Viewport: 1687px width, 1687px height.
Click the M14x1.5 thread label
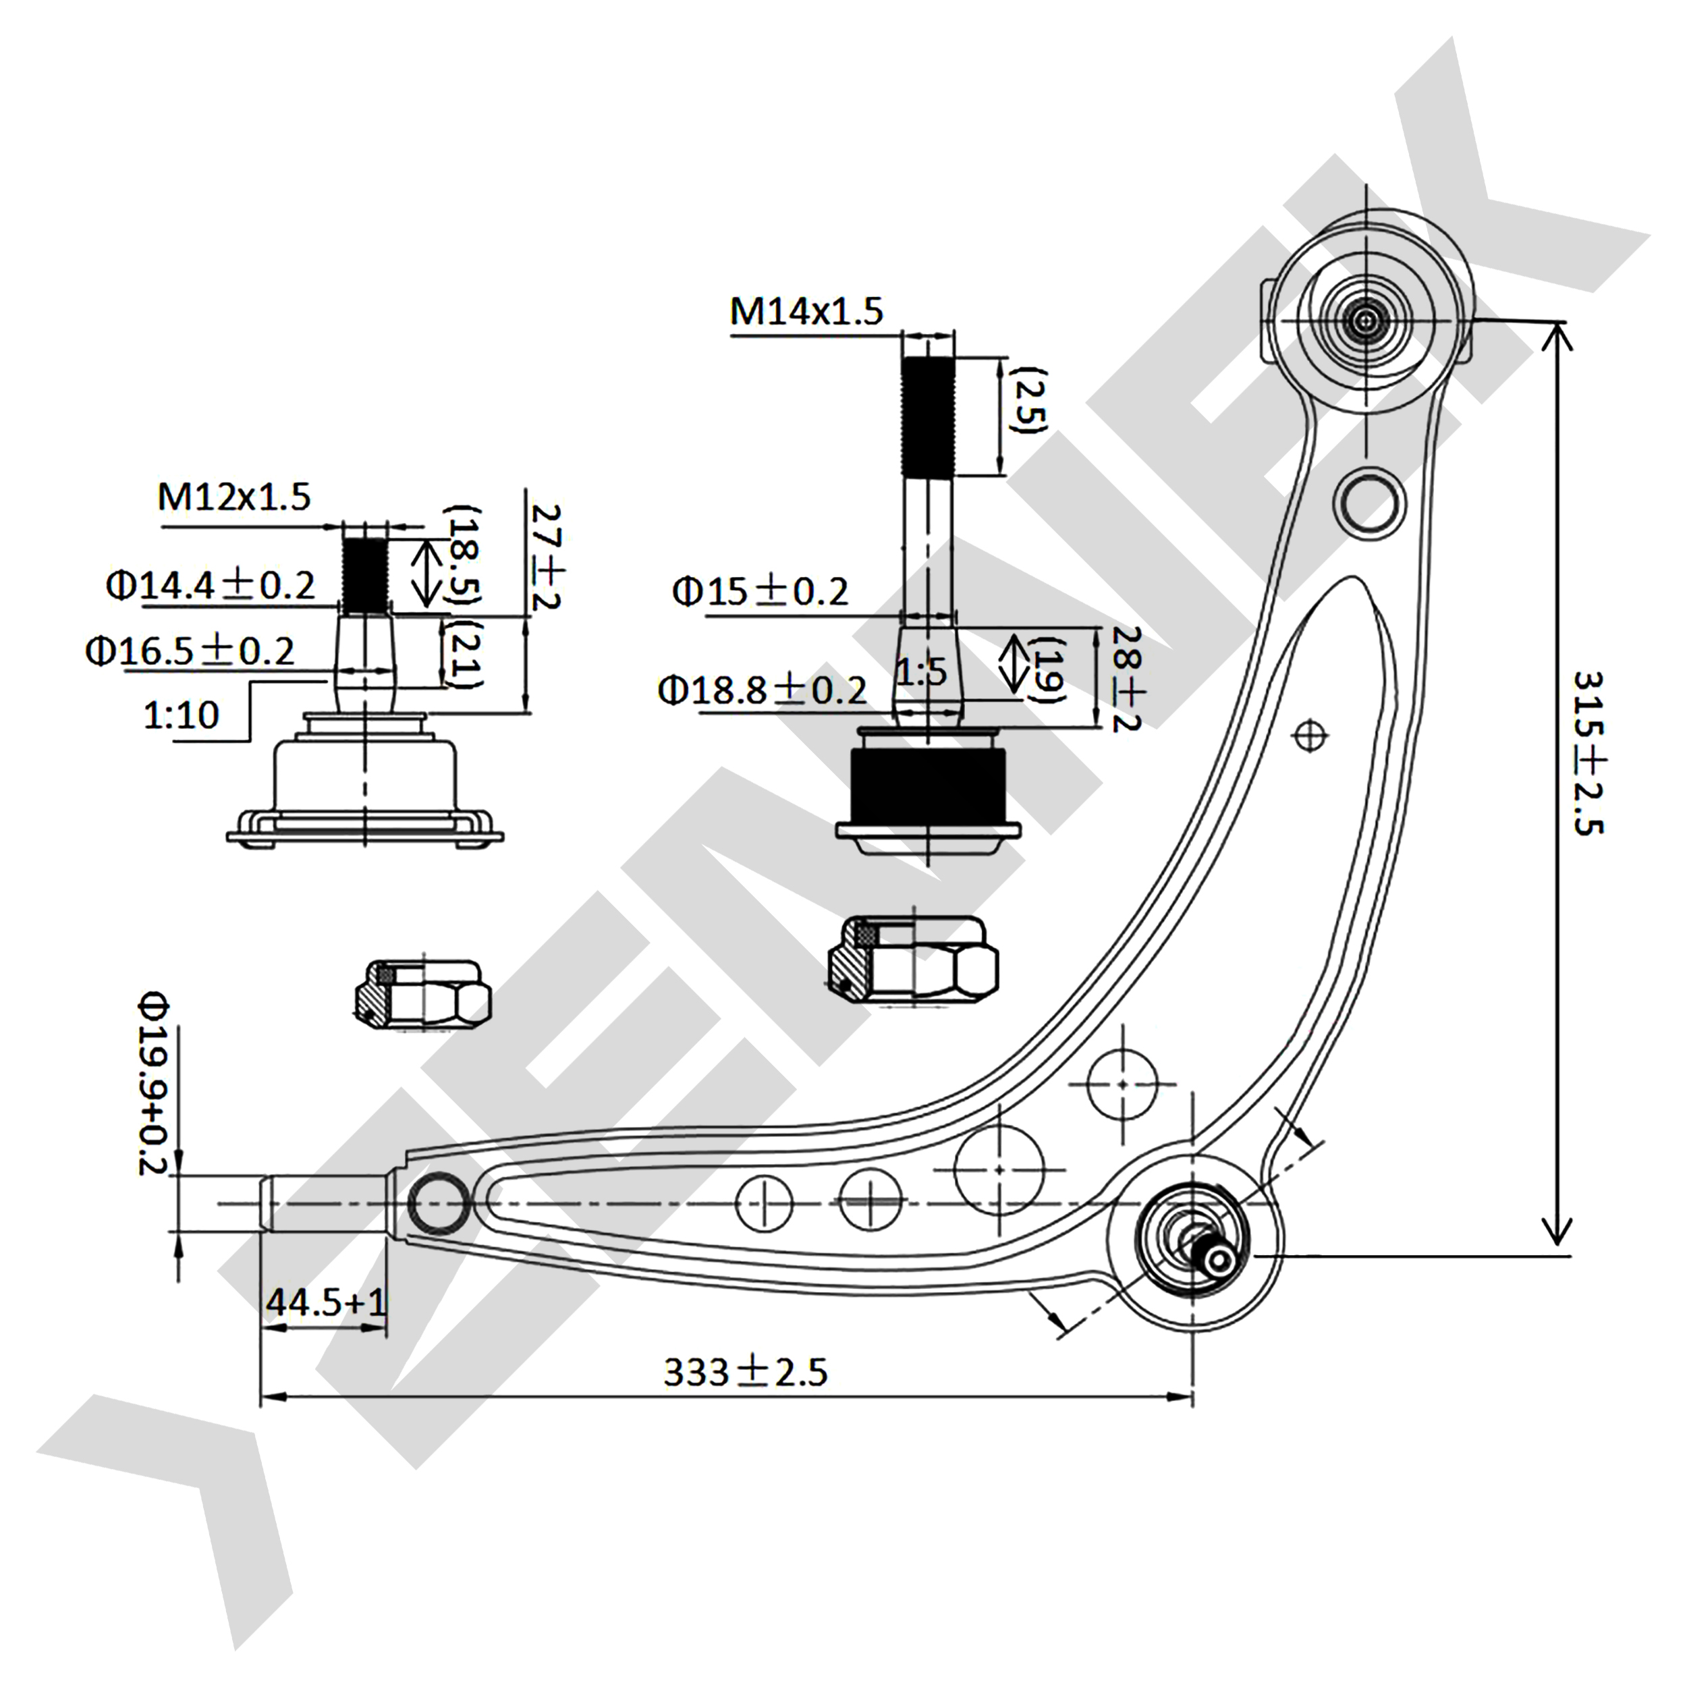[x=806, y=312]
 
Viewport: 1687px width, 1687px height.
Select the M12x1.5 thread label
[x=234, y=497]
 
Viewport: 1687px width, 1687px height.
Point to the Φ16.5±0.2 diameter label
[x=190, y=651]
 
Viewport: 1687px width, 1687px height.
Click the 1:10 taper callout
[x=181, y=715]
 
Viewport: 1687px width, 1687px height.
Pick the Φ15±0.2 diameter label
[x=760, y=592]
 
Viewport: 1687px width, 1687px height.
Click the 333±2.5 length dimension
[x=745, y=1372]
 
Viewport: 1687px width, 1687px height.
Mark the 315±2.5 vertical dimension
[x=1587, y=752]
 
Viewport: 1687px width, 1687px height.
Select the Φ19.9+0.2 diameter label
[x=154, y=1083]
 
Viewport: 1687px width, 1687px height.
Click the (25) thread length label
[x=1028, y=400]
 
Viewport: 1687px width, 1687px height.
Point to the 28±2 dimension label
[x=1126, y=678]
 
